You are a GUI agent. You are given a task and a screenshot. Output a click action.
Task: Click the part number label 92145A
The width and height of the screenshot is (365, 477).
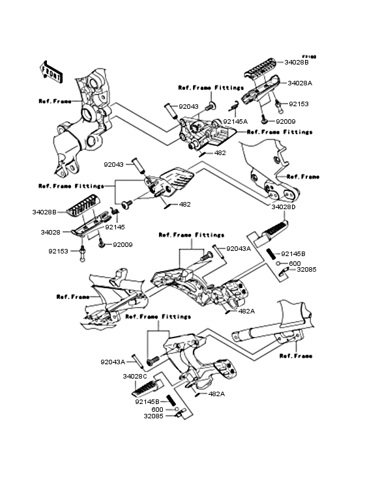[236, 121]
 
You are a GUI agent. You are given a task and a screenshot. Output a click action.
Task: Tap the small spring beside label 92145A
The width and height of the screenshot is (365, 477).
[232, 107]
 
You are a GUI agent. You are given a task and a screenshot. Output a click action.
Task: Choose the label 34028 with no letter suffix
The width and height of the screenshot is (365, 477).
[50, 231]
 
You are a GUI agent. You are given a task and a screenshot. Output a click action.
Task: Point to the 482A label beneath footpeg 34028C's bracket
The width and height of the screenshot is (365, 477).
[216, 394]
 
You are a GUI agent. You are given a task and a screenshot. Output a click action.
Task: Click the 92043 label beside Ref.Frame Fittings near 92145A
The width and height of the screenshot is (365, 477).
[188, 107]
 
